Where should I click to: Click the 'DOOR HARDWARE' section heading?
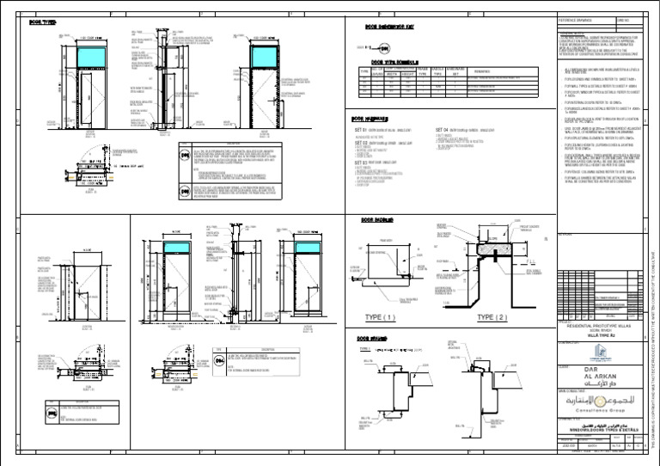(374, 120)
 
